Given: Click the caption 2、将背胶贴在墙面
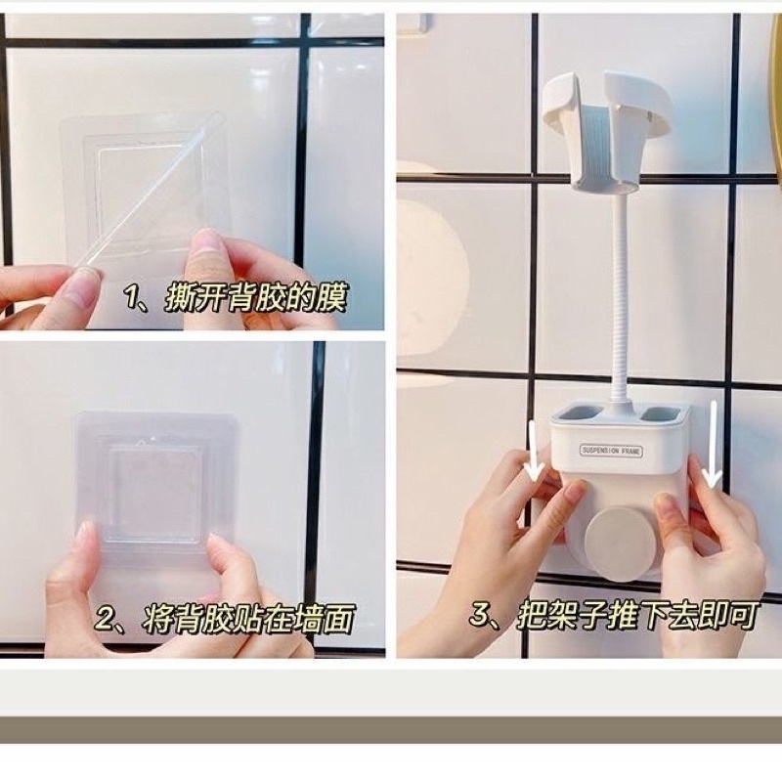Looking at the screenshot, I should point(226,618).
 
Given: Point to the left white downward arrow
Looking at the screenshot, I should point(533,452).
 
